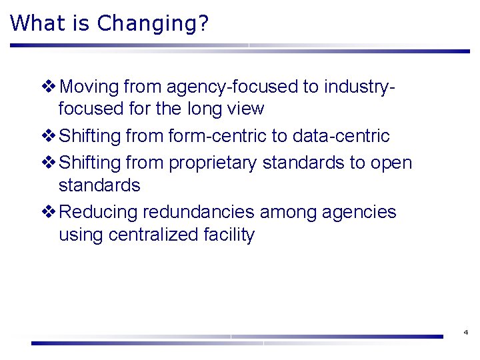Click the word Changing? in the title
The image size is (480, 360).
click(x=153, y=24)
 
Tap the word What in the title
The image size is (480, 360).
click(x=39, y=24)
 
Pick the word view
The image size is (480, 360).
click(x=246, y=109)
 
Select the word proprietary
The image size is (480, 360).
click(x=213, y=163)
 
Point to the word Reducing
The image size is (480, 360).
click(x=99, y=212)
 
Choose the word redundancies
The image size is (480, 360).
click(x=198, y=212)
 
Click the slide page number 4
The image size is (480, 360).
click(x=465, y=332)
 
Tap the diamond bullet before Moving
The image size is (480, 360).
click(x=48, y=87)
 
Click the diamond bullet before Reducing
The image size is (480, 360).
click(x=48, y=212)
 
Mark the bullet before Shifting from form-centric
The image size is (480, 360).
click(x=48, y=136)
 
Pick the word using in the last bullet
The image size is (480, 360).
click(x=81, y=235)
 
